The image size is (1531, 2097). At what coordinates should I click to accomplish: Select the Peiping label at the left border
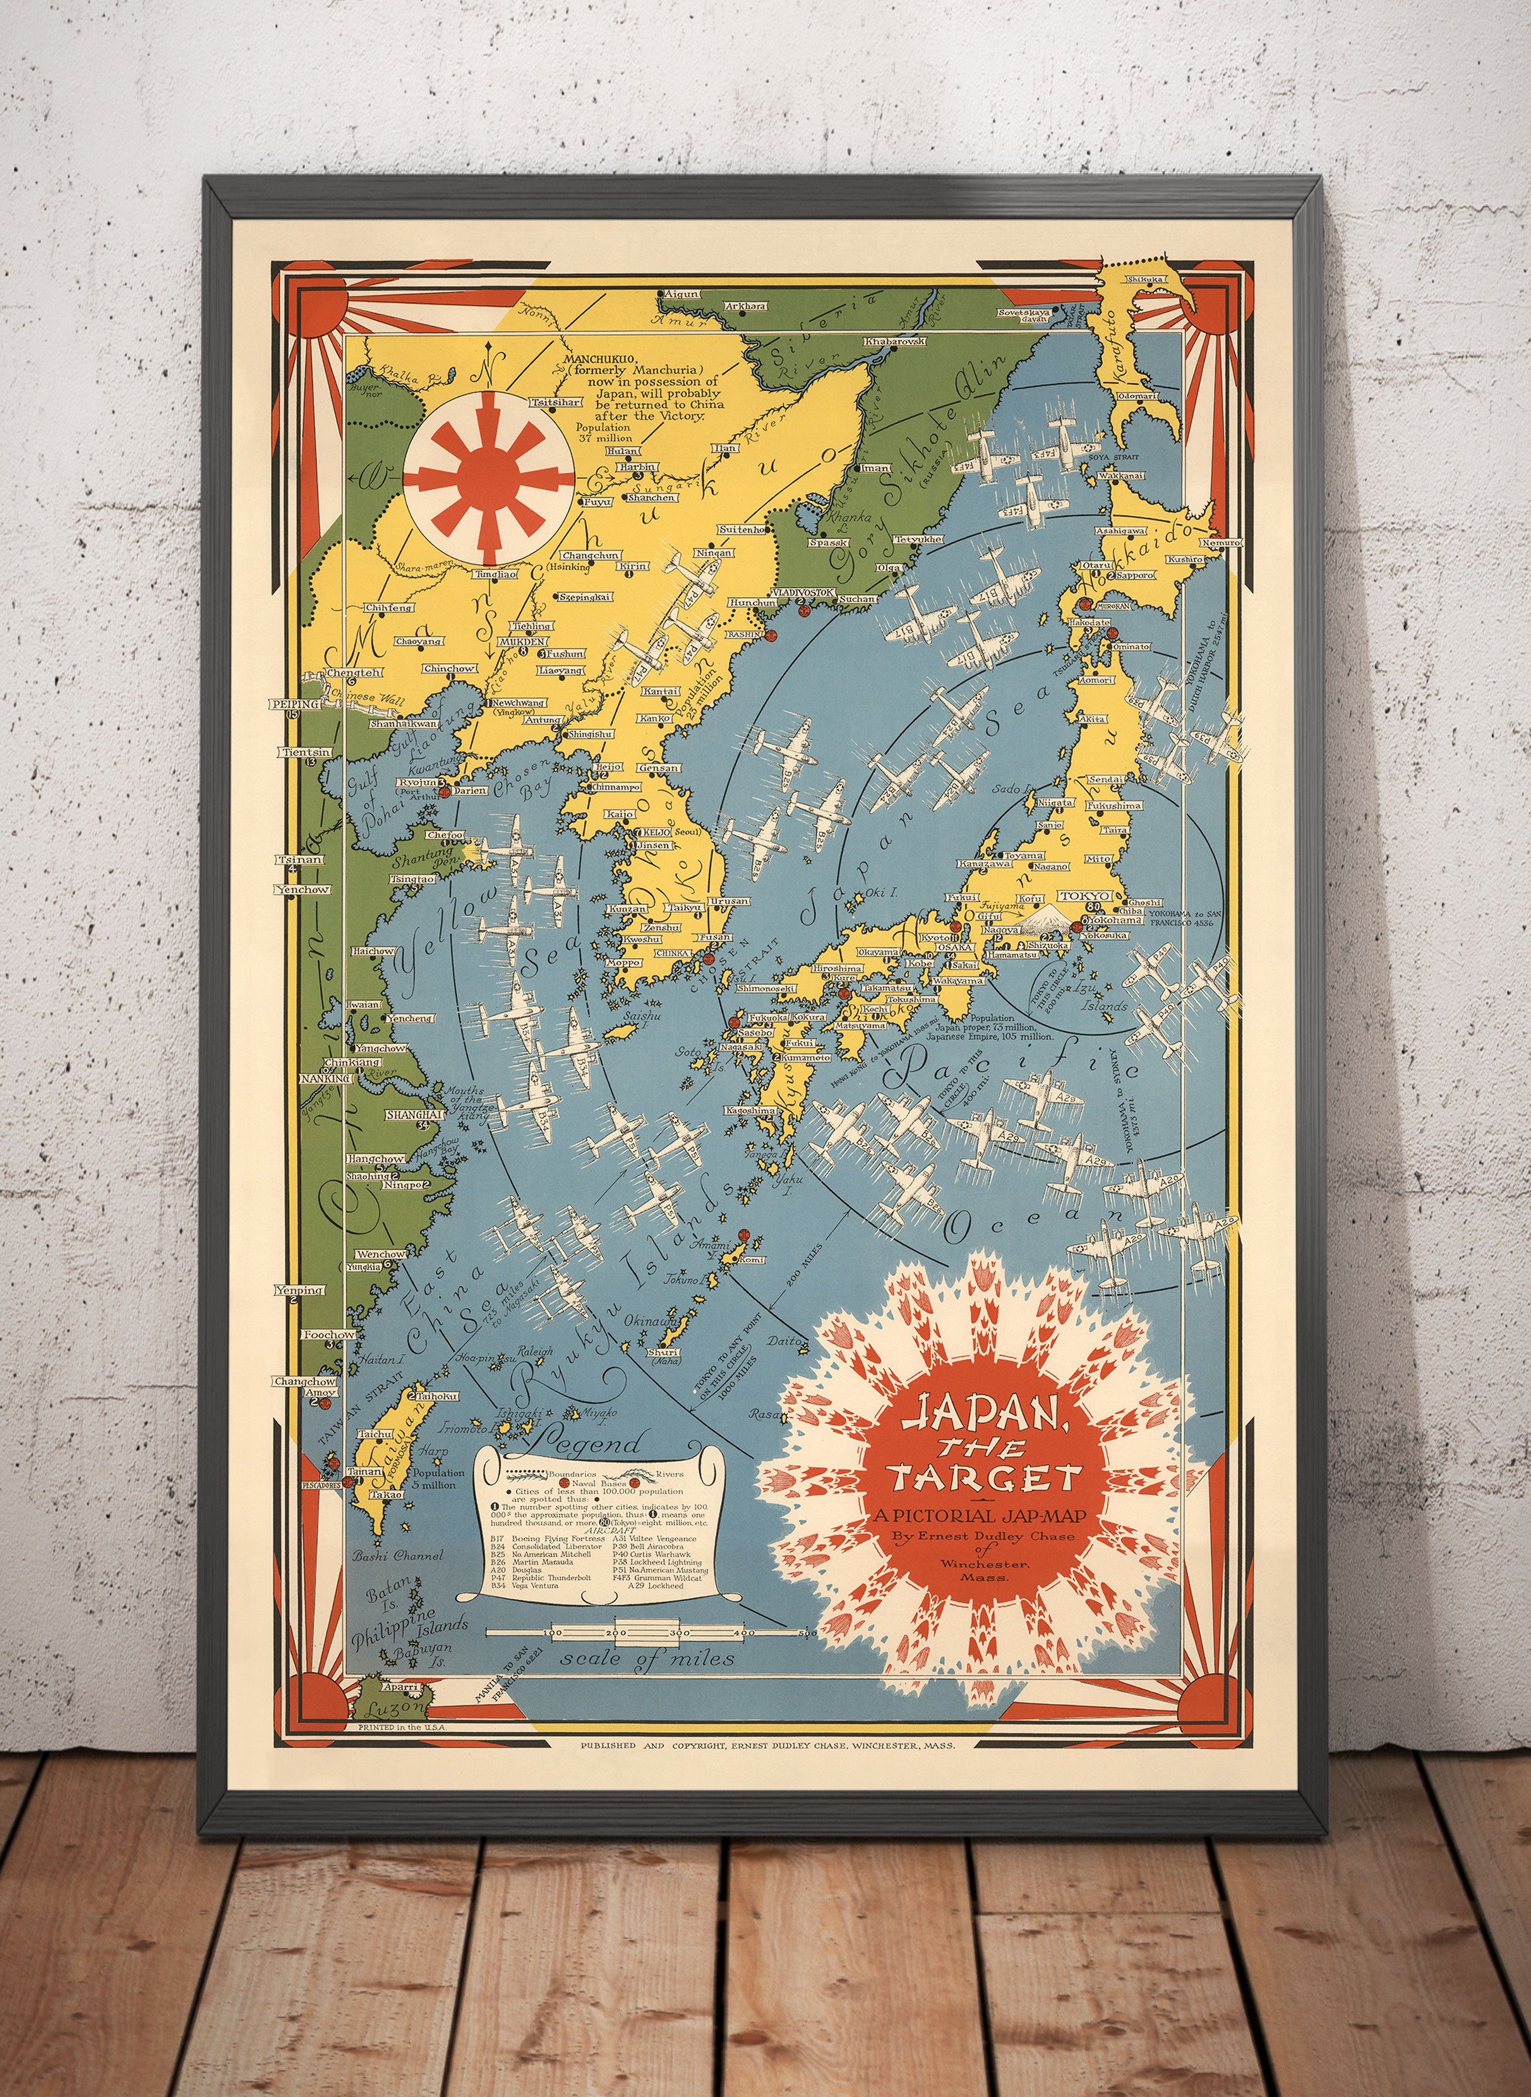click(295, 704)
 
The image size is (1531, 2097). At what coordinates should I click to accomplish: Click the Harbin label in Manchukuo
click(639, 466)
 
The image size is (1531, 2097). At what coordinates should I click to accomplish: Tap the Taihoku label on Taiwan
click(438, 1395)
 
